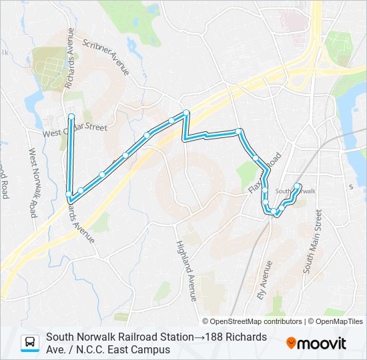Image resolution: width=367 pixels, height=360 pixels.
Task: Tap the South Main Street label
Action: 313,241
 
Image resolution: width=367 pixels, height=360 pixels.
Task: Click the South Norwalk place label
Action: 295,191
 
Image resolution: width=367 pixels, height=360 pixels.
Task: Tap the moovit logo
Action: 316,343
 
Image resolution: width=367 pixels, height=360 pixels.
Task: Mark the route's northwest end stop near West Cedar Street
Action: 71,117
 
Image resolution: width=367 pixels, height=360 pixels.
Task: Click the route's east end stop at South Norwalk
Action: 298,186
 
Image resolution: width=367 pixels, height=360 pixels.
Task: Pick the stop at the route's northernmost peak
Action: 186,113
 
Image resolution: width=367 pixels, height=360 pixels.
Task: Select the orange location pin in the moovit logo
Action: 292,343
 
